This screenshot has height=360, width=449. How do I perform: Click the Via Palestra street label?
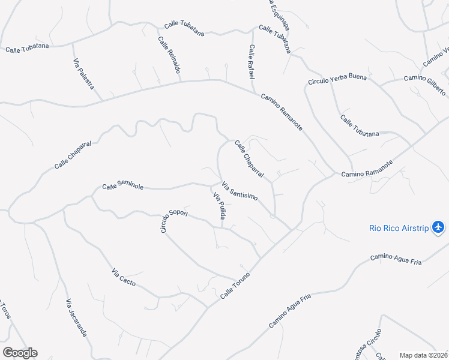point(83,74)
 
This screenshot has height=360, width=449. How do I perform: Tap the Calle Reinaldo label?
point(169,55)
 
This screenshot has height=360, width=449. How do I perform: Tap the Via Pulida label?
point(218,205)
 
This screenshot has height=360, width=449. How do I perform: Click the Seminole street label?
point(122,187)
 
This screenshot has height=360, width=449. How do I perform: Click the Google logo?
point(20,353)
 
